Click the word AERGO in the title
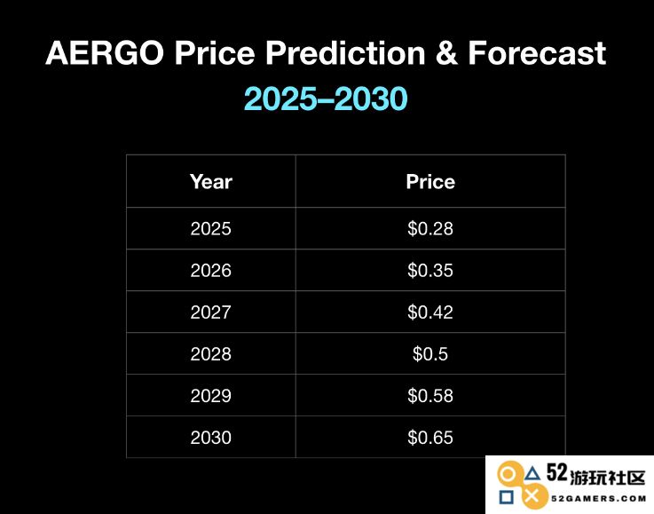(x=105, y=53)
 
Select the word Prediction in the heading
(x=345, y=53)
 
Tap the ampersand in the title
(x=446, y=53)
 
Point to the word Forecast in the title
(x=537, y=53)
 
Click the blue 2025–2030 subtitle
(x=326, y=99)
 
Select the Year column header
(x=210, y=182)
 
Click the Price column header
(x=430, y=182)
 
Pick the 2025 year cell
(x=210, y=229)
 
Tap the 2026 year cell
(x=210, y=271)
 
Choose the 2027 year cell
(x=210, y=312)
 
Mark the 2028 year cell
(x=210, y=354)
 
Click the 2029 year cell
(x=210, y=396)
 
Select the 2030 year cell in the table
(x=210, y=438)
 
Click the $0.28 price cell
(x=430, y=229)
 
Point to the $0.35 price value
(x=430, y=271)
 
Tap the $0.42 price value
(x=430, y=312)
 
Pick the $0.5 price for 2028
(x=430, y=354)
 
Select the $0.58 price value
(x=430, y=396)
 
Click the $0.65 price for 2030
(x=430, y=438)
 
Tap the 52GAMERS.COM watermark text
(x=598, y=498)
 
